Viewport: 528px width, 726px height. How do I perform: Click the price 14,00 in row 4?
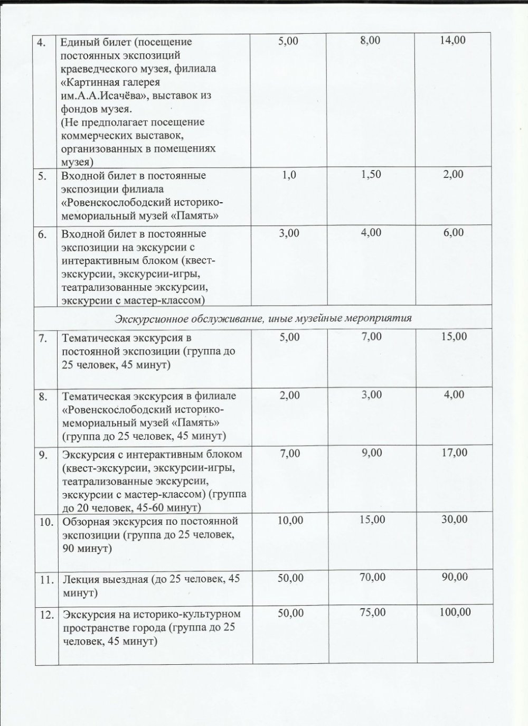pos(452,40)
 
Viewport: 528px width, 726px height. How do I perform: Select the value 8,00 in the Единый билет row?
pos(370,40)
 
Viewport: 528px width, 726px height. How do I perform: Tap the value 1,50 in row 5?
pos(371,174)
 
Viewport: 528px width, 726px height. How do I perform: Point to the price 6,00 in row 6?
pos(454,232)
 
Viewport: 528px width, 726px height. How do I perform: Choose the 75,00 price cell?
pos(372,612)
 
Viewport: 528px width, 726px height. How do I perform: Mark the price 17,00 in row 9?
pos(455,452)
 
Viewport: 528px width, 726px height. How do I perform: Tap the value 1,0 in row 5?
pos(289,175)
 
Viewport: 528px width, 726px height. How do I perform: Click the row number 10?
pos(46,522)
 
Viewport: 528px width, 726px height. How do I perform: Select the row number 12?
pos(46,615)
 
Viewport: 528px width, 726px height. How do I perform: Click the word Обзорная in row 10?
pos(85,522)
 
